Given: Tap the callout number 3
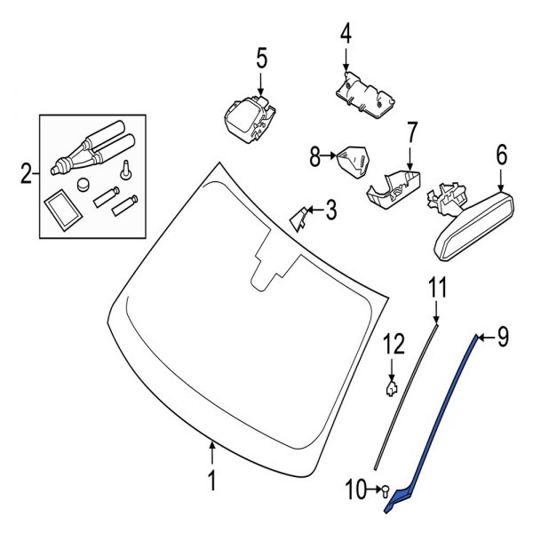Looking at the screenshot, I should (x=330, y=211).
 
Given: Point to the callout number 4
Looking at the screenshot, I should (x=345, y=35).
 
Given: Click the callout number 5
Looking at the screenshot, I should (x=261, y=59).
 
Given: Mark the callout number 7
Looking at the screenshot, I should (x=411, y=132).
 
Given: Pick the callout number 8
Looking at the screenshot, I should (x=315, y=157).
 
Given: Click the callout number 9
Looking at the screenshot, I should (x=502, y=337).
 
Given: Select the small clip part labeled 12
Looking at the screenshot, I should (x=391, y=386).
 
